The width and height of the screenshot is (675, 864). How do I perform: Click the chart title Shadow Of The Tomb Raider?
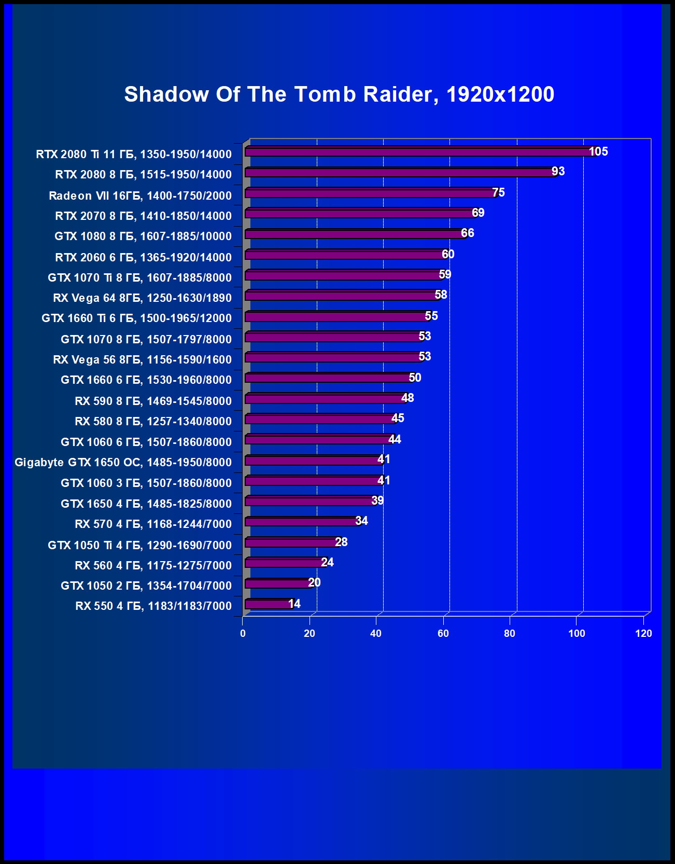point(339,94)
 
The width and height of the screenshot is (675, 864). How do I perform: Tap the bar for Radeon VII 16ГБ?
point(371,193)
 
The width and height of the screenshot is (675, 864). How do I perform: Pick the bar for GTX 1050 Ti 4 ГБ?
point(292,542)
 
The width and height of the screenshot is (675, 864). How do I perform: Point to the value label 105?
point(598,151)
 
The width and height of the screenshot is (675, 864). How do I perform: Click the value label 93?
point(558,172)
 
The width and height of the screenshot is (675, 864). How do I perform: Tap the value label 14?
point(294,604)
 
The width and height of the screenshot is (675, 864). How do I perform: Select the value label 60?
point(448,254)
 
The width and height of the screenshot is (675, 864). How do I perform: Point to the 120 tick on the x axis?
point(643,633)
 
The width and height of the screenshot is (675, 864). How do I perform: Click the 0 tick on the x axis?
point(243,633)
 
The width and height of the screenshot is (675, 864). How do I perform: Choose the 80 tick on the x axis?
point(510,633)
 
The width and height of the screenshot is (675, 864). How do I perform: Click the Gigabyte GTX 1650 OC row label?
point(123,462)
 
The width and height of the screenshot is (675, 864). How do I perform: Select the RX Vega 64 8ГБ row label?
point(142,298)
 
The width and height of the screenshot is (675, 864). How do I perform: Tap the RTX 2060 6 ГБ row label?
point(143,257)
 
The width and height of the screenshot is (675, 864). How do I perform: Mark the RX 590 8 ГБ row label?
point(153,401)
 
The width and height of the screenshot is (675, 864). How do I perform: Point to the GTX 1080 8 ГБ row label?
point(143,236)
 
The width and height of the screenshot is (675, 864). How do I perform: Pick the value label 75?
point(498,192)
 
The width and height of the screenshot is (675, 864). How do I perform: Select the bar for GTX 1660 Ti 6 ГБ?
point(337,316)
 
